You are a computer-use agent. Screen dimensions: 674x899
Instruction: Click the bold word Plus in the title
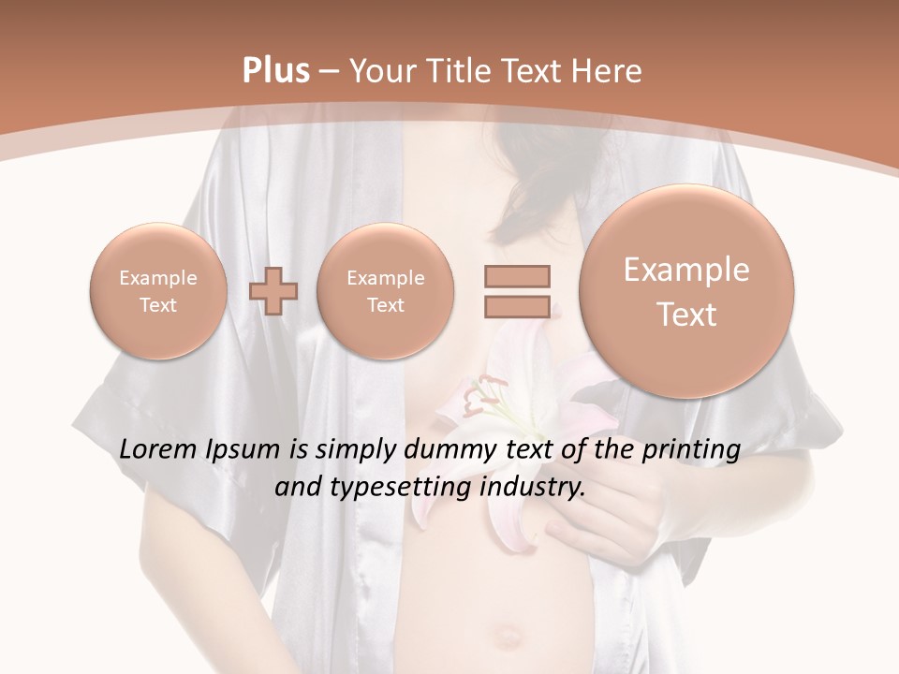275,71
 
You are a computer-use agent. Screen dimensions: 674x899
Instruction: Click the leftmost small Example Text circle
157,291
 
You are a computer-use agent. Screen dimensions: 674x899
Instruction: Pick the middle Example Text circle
385,291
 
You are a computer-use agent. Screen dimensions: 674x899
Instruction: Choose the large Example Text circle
686,291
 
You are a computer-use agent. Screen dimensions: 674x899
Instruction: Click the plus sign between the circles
273,290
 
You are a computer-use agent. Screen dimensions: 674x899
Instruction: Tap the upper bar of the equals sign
517,276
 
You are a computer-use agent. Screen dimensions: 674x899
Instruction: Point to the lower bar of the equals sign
517,306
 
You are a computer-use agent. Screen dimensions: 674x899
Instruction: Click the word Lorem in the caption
158,450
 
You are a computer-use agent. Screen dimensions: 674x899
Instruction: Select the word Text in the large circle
686,315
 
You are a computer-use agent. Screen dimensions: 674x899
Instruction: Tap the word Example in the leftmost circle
157,278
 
